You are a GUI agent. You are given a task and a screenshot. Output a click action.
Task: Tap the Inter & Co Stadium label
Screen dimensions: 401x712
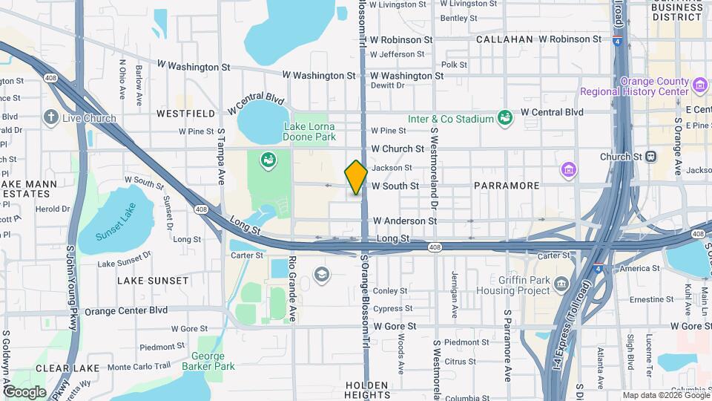(x=450, y=119)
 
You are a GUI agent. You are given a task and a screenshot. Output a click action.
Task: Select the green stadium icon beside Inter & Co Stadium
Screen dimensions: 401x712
(x=505, y=117)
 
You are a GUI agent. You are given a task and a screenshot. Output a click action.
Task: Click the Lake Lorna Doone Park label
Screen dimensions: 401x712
(x=310, y=131)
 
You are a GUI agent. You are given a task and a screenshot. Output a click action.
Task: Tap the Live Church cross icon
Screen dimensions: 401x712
(x=50, y=117)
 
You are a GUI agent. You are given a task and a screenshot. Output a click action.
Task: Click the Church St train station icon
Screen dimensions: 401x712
(x=650, y=157)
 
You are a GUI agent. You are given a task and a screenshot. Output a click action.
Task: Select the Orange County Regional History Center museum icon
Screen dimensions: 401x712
(x=699, y=85)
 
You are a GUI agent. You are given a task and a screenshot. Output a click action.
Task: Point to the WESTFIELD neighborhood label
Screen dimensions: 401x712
(x=186, y=114)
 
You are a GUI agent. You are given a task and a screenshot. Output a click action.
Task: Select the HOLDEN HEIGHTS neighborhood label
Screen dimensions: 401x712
(x=367, y=390)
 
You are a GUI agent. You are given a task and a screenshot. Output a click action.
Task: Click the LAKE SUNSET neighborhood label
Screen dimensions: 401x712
(x=153, y=281)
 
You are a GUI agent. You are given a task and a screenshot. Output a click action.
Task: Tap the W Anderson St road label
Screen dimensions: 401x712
(x=405, y=221)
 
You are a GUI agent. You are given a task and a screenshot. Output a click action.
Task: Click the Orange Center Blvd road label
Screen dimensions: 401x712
(x=125, y=311)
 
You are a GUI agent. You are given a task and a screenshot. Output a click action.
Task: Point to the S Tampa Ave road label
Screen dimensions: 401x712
(x=220, y=157)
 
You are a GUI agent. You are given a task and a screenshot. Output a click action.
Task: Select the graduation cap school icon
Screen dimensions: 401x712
(x=321, y=275)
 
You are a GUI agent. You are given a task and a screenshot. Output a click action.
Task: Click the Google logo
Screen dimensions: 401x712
(x=24, y=392)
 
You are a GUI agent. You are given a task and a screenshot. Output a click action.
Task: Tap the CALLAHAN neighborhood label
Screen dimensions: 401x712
(x=504, y=39)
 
